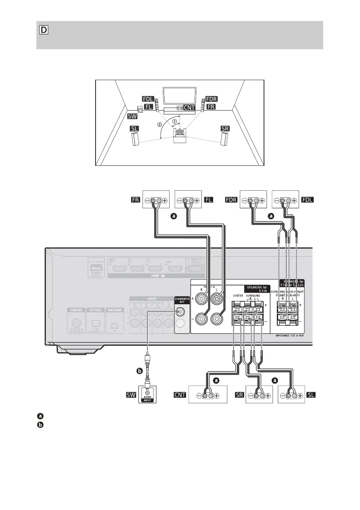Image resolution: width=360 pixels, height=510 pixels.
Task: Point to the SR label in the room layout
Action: (x=225, y=129)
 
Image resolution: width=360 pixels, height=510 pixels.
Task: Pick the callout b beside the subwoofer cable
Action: (x=138, y=370)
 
